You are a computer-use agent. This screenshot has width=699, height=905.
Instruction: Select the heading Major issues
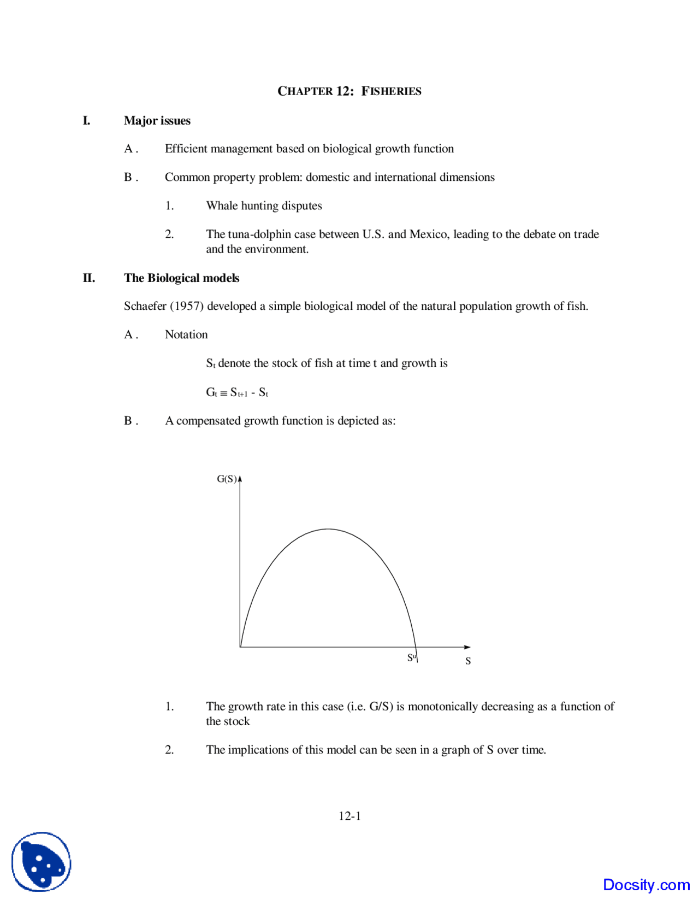[157, 121]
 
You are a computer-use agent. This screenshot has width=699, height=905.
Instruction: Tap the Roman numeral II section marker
[88, 278]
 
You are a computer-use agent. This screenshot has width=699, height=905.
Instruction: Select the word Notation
[186, 335]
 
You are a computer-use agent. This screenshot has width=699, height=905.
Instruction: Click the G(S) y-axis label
[227, 479]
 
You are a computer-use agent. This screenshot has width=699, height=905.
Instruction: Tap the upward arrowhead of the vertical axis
[240, 479]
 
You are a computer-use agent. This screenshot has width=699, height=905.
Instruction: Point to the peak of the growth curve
[328, 529]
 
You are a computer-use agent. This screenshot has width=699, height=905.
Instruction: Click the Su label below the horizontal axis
[411, 657]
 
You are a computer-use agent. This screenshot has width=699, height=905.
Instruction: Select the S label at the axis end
[468, 661]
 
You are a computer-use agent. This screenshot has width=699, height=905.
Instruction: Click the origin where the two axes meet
[240, 647]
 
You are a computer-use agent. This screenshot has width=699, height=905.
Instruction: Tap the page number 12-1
[349, 816]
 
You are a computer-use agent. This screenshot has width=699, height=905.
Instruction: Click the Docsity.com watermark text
[646, 885]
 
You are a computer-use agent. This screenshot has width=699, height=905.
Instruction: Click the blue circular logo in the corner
[42, 862]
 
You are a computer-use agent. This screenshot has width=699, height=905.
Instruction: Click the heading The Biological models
[181, 278]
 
